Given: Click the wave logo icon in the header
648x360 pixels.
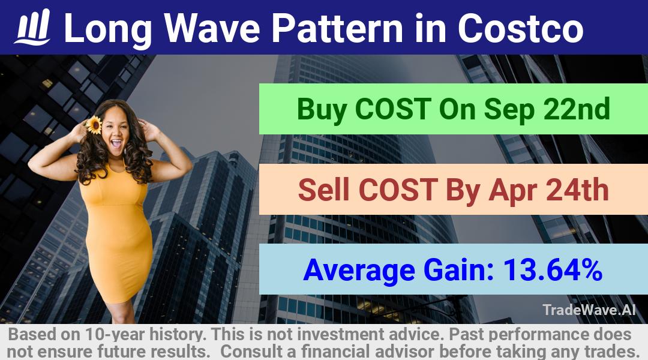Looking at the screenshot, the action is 32,27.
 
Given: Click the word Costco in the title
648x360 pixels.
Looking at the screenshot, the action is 520,28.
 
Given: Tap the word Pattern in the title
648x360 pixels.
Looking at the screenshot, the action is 337,28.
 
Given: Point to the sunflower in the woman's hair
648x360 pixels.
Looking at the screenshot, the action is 94,125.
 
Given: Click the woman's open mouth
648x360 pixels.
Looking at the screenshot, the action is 116,143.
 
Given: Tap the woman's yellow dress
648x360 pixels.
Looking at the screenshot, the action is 117,232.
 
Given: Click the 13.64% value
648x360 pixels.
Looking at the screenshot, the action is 553,269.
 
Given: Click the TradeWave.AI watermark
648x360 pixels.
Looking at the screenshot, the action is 589,310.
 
